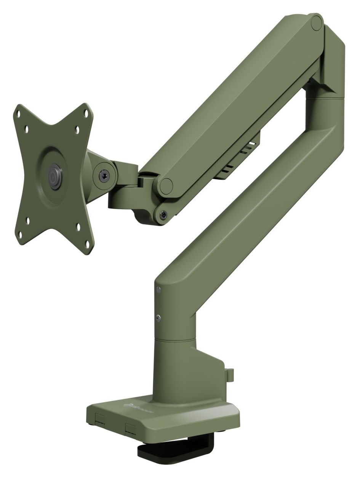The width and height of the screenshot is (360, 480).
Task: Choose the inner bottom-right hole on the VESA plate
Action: pos(79,226)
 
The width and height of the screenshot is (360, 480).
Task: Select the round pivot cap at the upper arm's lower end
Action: pos(166,186)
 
